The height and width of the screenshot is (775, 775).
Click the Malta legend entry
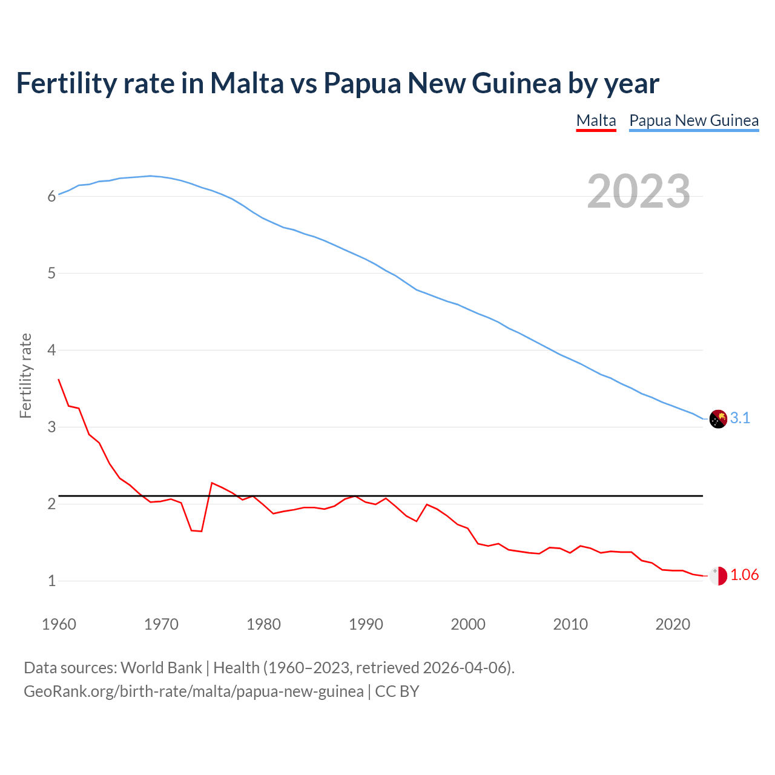(x=596, y=120)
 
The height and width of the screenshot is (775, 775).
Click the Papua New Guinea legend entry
(x=694, y=120)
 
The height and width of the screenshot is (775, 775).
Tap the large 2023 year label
(x=639, y=191)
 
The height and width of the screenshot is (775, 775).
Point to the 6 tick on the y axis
(x=51, y=197)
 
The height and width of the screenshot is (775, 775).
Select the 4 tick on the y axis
(x=51, y=350)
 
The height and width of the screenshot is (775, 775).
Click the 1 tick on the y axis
(x=51, y=581)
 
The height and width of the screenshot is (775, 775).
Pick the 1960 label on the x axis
(x=59, y=624)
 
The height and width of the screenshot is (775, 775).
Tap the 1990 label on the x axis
(x=366, y=624)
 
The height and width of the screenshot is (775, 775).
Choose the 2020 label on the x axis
(x=673, y=624)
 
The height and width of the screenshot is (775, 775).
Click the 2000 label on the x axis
(x=468, y=624)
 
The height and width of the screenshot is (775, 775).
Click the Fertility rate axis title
(x=25, y=375)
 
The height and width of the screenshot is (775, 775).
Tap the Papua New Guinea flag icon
(x=718, y=419)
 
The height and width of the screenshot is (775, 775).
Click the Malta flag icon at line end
(x=718, y=576)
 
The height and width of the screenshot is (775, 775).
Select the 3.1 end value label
(x=740, y=418)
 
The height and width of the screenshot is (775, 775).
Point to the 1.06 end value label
(x=744, y=575)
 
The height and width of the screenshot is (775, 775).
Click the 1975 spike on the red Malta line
(x=212, y=483)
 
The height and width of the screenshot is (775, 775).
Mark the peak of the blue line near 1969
(x=151, y=176)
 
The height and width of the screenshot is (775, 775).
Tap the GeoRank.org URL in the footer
(x=194, y=691)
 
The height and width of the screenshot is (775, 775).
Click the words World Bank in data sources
(x=161, y=668)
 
